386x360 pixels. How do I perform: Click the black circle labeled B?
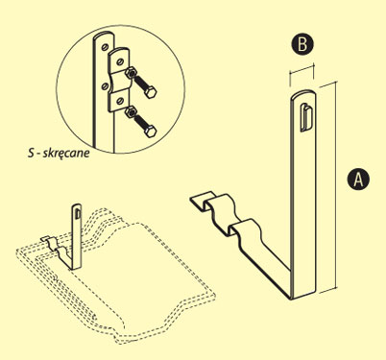click(302, 44)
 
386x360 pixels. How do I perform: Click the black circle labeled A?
click(358, 179)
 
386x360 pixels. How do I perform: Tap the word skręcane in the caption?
click(66, 154)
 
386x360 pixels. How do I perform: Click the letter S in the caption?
click(31, 153)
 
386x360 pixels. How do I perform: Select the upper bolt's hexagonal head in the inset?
click(150, 92)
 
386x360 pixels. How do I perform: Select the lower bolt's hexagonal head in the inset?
click(150, 132)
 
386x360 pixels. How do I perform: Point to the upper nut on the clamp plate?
click(130, 74)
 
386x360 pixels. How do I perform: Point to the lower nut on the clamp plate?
click(130, 112)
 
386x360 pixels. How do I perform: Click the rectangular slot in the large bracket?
click(306, 118)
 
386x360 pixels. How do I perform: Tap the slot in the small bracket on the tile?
click(78, 214)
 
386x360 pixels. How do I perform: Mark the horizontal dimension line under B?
click(302, 70)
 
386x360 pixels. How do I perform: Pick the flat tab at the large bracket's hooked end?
click(202, 201)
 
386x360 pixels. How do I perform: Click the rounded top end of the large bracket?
click(303, 93)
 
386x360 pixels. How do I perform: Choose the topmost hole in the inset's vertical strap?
click(104, 47)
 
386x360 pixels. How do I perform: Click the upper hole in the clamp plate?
click(119, 60)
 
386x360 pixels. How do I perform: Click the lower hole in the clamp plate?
click(119, 101)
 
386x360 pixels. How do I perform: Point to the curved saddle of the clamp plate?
click(120, 82)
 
